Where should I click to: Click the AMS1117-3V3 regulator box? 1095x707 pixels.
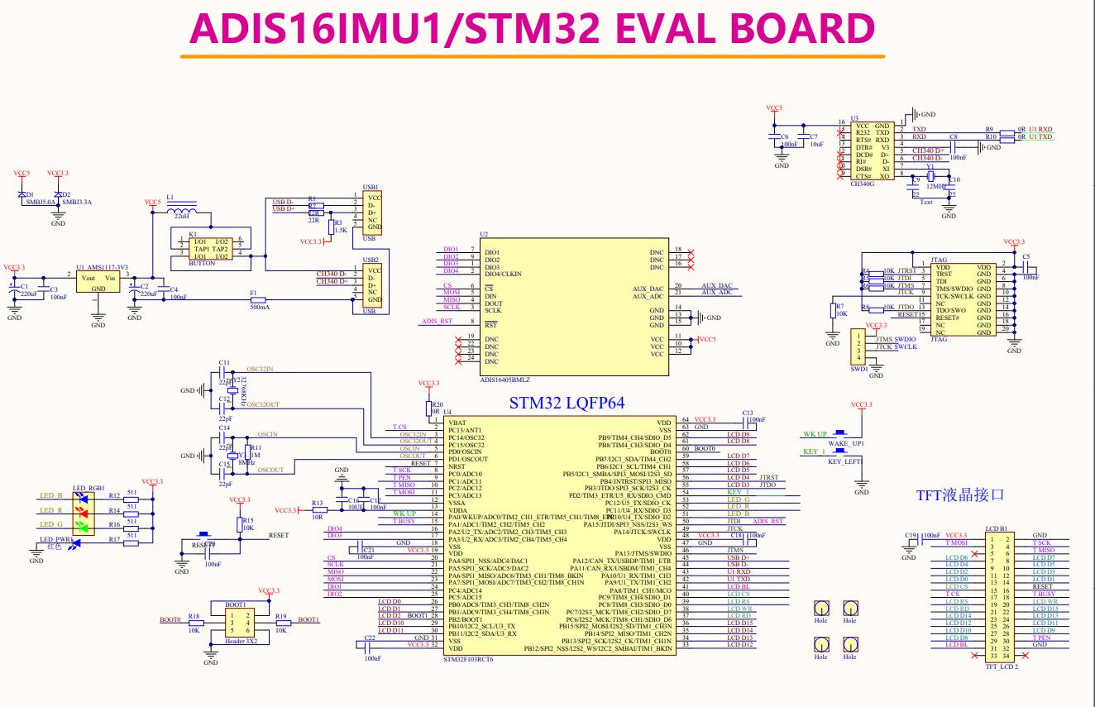[x=98, y=283]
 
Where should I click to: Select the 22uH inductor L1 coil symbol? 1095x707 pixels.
[x=179, y=211]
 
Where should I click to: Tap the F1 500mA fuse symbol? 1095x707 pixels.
[x=259, y=299]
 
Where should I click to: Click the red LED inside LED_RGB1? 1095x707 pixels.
[x=80, y=511]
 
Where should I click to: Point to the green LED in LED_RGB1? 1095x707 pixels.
[x=80, y=525]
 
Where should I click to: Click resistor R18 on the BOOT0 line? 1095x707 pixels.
[x=194, y=623]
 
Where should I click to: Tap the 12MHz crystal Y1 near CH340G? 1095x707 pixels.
[x=930, y=175]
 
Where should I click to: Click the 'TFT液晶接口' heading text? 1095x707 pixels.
[x=960, y=495]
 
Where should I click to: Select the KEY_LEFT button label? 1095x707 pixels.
[x=844, y=463]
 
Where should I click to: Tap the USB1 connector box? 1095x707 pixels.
[x=373, y=213]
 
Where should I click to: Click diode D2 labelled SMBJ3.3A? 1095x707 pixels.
[x=56, y=195]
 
